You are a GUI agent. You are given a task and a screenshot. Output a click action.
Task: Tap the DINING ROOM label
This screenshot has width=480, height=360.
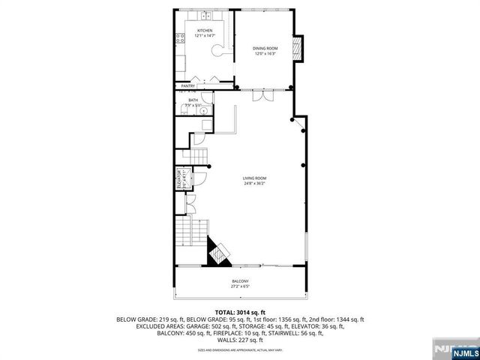(x=265, y=49)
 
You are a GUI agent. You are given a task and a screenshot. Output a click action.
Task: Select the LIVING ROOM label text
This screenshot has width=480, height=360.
(x=254, y=178)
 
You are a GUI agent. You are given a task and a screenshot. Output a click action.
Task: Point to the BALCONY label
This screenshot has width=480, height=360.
(x=241, y=281)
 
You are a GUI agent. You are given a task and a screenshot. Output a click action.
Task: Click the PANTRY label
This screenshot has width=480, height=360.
(x=188, y=86)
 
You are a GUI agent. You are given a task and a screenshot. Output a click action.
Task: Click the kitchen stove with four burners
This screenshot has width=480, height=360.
(x=180, y=41)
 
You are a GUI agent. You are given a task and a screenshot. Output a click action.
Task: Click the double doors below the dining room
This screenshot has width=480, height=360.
(x=260, y=97)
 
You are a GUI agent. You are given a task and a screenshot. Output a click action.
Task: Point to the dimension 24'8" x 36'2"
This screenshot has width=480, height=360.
(x=254, y=184)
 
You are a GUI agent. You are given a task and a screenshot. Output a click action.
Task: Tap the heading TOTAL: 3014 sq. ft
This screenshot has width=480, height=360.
(x=240, y=312)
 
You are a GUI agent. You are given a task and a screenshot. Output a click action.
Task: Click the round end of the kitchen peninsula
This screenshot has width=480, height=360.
(x=217, y=51)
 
